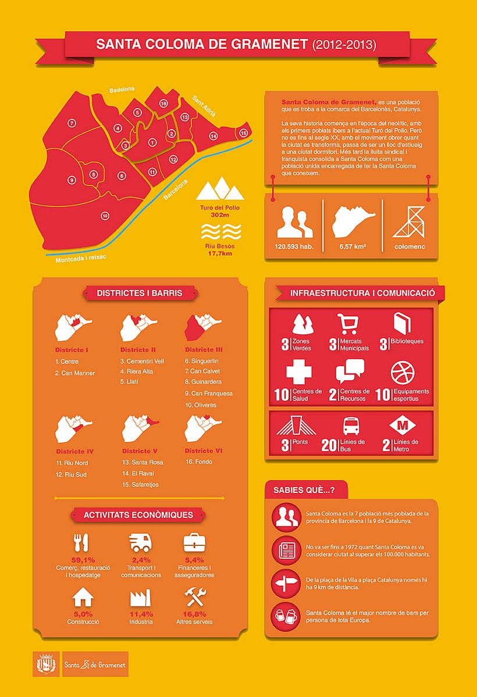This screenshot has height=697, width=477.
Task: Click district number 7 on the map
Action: [72, 123]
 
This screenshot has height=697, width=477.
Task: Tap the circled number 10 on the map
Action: [105, 216]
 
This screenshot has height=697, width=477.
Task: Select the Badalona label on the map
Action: [122, 90]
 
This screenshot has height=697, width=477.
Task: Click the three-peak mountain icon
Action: [219, 190]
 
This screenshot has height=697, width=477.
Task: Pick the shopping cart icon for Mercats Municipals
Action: [347, 323]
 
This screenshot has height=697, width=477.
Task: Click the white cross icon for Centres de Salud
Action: [299, 371]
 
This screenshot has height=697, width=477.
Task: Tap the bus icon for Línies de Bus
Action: [351, 426]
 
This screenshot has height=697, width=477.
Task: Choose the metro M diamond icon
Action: [402, 426]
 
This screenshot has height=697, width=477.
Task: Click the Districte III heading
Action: [204, 350]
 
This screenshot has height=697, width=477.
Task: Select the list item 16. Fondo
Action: [199, 462]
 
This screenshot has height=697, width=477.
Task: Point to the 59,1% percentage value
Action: [83, 560]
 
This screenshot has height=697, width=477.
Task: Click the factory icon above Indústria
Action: [140, 597]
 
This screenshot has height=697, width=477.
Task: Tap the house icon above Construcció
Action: [83, 597]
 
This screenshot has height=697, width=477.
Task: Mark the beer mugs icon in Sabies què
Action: [285, 616]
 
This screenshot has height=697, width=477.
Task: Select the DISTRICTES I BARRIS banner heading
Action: [140, 293]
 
